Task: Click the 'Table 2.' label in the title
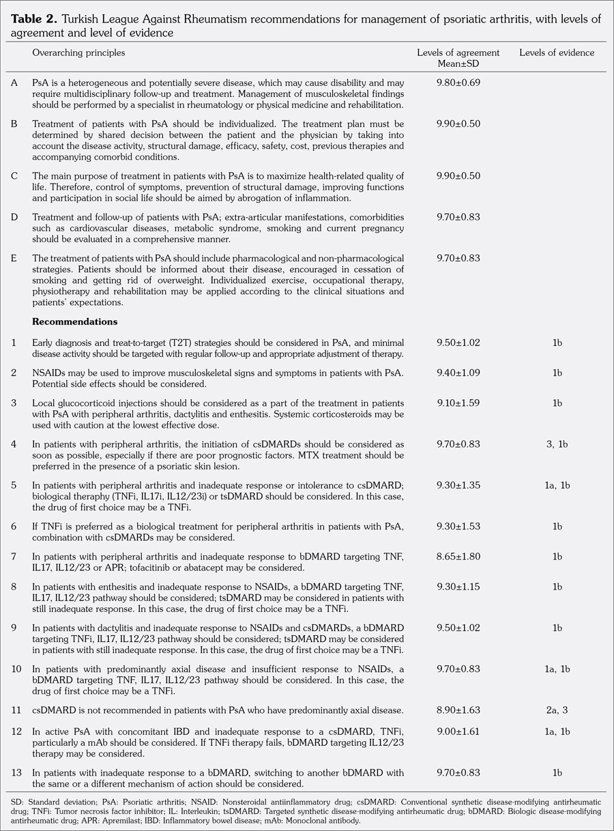coord(31,19)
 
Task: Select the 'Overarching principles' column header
coord(78,52)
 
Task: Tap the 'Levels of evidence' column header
coord(556,53)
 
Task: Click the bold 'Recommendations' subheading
coord(74,321)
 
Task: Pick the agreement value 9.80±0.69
coord(458,82)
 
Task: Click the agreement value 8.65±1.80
coord(458,556)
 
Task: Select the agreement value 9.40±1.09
coord(458,373)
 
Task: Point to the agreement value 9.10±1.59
coord(458,403)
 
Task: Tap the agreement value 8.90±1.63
coord(458,710)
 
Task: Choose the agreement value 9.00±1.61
coord(458,730)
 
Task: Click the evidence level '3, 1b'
coord(557,444)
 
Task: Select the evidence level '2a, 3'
coord(557,710)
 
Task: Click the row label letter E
coord(14,259)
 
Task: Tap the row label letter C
coord(14,176)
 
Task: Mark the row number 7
coord(14,556)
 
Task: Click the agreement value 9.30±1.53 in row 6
coord(458,526)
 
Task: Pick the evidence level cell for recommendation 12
coord(557,730)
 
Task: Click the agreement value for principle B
coord(458,124)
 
